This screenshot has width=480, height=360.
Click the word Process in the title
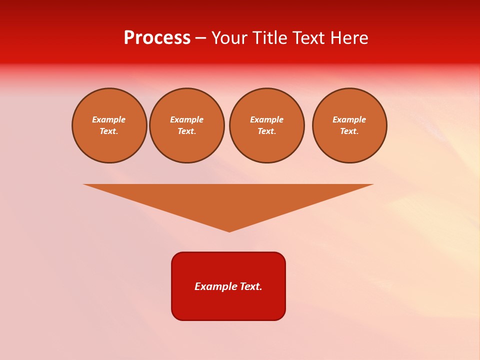click(157, 38)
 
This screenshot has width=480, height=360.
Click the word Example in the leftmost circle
click(109, 119)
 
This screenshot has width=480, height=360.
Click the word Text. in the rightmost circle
click(349, 131)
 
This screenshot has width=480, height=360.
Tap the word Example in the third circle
click(267, 119)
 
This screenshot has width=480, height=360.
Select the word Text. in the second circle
click(187, 131)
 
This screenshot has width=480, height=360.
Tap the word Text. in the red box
click(251, 286)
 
